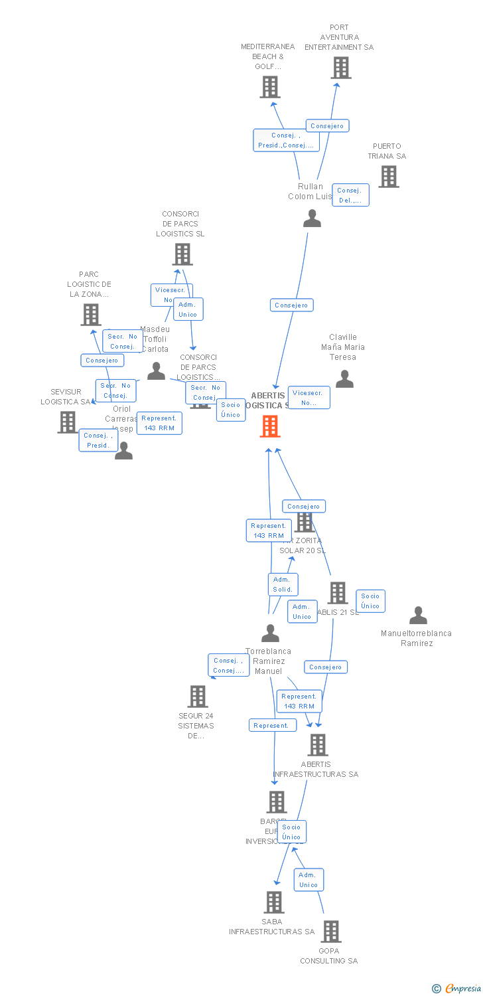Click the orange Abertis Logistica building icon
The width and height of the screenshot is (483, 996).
point(269,426)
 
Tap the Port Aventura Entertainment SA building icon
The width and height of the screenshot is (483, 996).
point(340,68)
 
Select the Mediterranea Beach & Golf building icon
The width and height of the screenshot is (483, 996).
point(269,87)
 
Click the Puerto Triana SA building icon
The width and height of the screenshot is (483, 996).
point(388,177)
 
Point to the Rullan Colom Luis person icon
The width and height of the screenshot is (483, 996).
point(312,218)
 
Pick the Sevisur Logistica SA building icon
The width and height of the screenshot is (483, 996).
point(67,422)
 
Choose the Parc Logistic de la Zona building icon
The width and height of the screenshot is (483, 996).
point(90,315)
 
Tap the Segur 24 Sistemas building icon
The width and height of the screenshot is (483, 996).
point(197,697)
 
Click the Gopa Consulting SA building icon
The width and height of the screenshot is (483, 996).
point(330,932)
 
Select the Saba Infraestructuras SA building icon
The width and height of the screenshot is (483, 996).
point(274,902)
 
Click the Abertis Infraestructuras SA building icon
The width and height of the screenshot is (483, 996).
point(318,745)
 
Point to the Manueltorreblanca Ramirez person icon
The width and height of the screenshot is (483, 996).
point(418,616)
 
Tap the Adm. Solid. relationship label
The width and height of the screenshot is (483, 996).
point(283,584)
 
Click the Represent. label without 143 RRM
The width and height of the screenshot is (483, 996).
point(272,726)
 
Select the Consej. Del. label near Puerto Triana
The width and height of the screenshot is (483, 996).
point(350,195)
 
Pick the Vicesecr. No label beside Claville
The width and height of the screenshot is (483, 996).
point(309,398)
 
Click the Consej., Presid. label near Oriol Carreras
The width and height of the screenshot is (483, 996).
point(98,440)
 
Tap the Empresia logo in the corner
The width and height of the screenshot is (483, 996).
point(457,989)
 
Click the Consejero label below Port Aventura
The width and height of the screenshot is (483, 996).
point(327,125)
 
